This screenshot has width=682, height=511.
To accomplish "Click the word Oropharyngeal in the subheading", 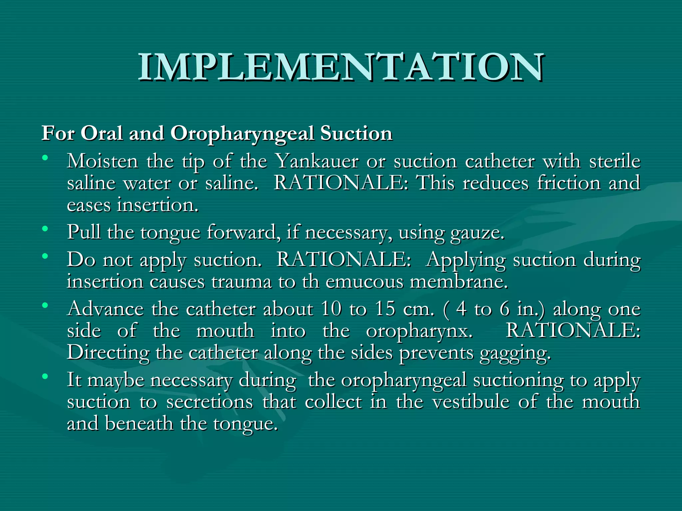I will pos(242,133).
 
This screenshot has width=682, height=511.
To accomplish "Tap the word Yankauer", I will pos(318,161).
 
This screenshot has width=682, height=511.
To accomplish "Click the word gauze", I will pos(477,232).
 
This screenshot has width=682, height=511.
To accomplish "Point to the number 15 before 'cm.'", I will pos(385,309).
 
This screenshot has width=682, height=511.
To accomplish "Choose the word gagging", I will pos(515,353).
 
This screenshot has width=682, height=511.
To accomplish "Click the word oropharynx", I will pos(419,331).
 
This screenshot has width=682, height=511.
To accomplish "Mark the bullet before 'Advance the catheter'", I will pos(45,305).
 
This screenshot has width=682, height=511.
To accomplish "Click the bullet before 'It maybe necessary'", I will pos(45,376).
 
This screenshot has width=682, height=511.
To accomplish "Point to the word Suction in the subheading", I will pos(356,133).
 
